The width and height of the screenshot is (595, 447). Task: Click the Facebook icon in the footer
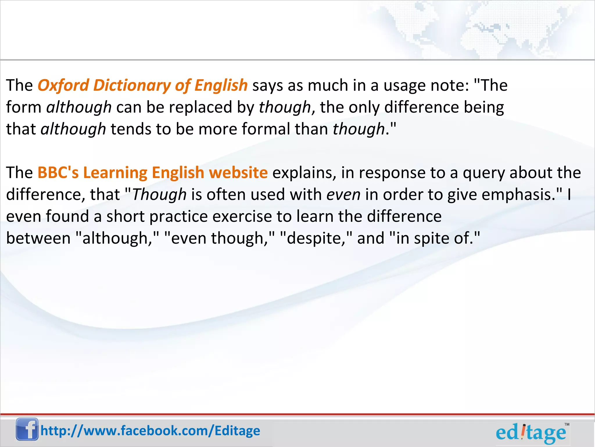pyautogui.click(x=27, y=429)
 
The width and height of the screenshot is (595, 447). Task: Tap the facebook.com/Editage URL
pyautogui.click(x=150, y=431)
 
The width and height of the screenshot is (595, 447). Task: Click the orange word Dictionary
pyautogui.click(x=132, y=85)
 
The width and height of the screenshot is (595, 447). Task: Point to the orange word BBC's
pyautogui.click(x=58, y=173)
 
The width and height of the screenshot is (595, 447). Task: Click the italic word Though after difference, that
pyautogui.click(x=159, y=194)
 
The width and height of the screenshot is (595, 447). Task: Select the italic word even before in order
pyautogui.click(x=343, y=194)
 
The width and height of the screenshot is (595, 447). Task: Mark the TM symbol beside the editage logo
pyautogui.click(x=567, y=425)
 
